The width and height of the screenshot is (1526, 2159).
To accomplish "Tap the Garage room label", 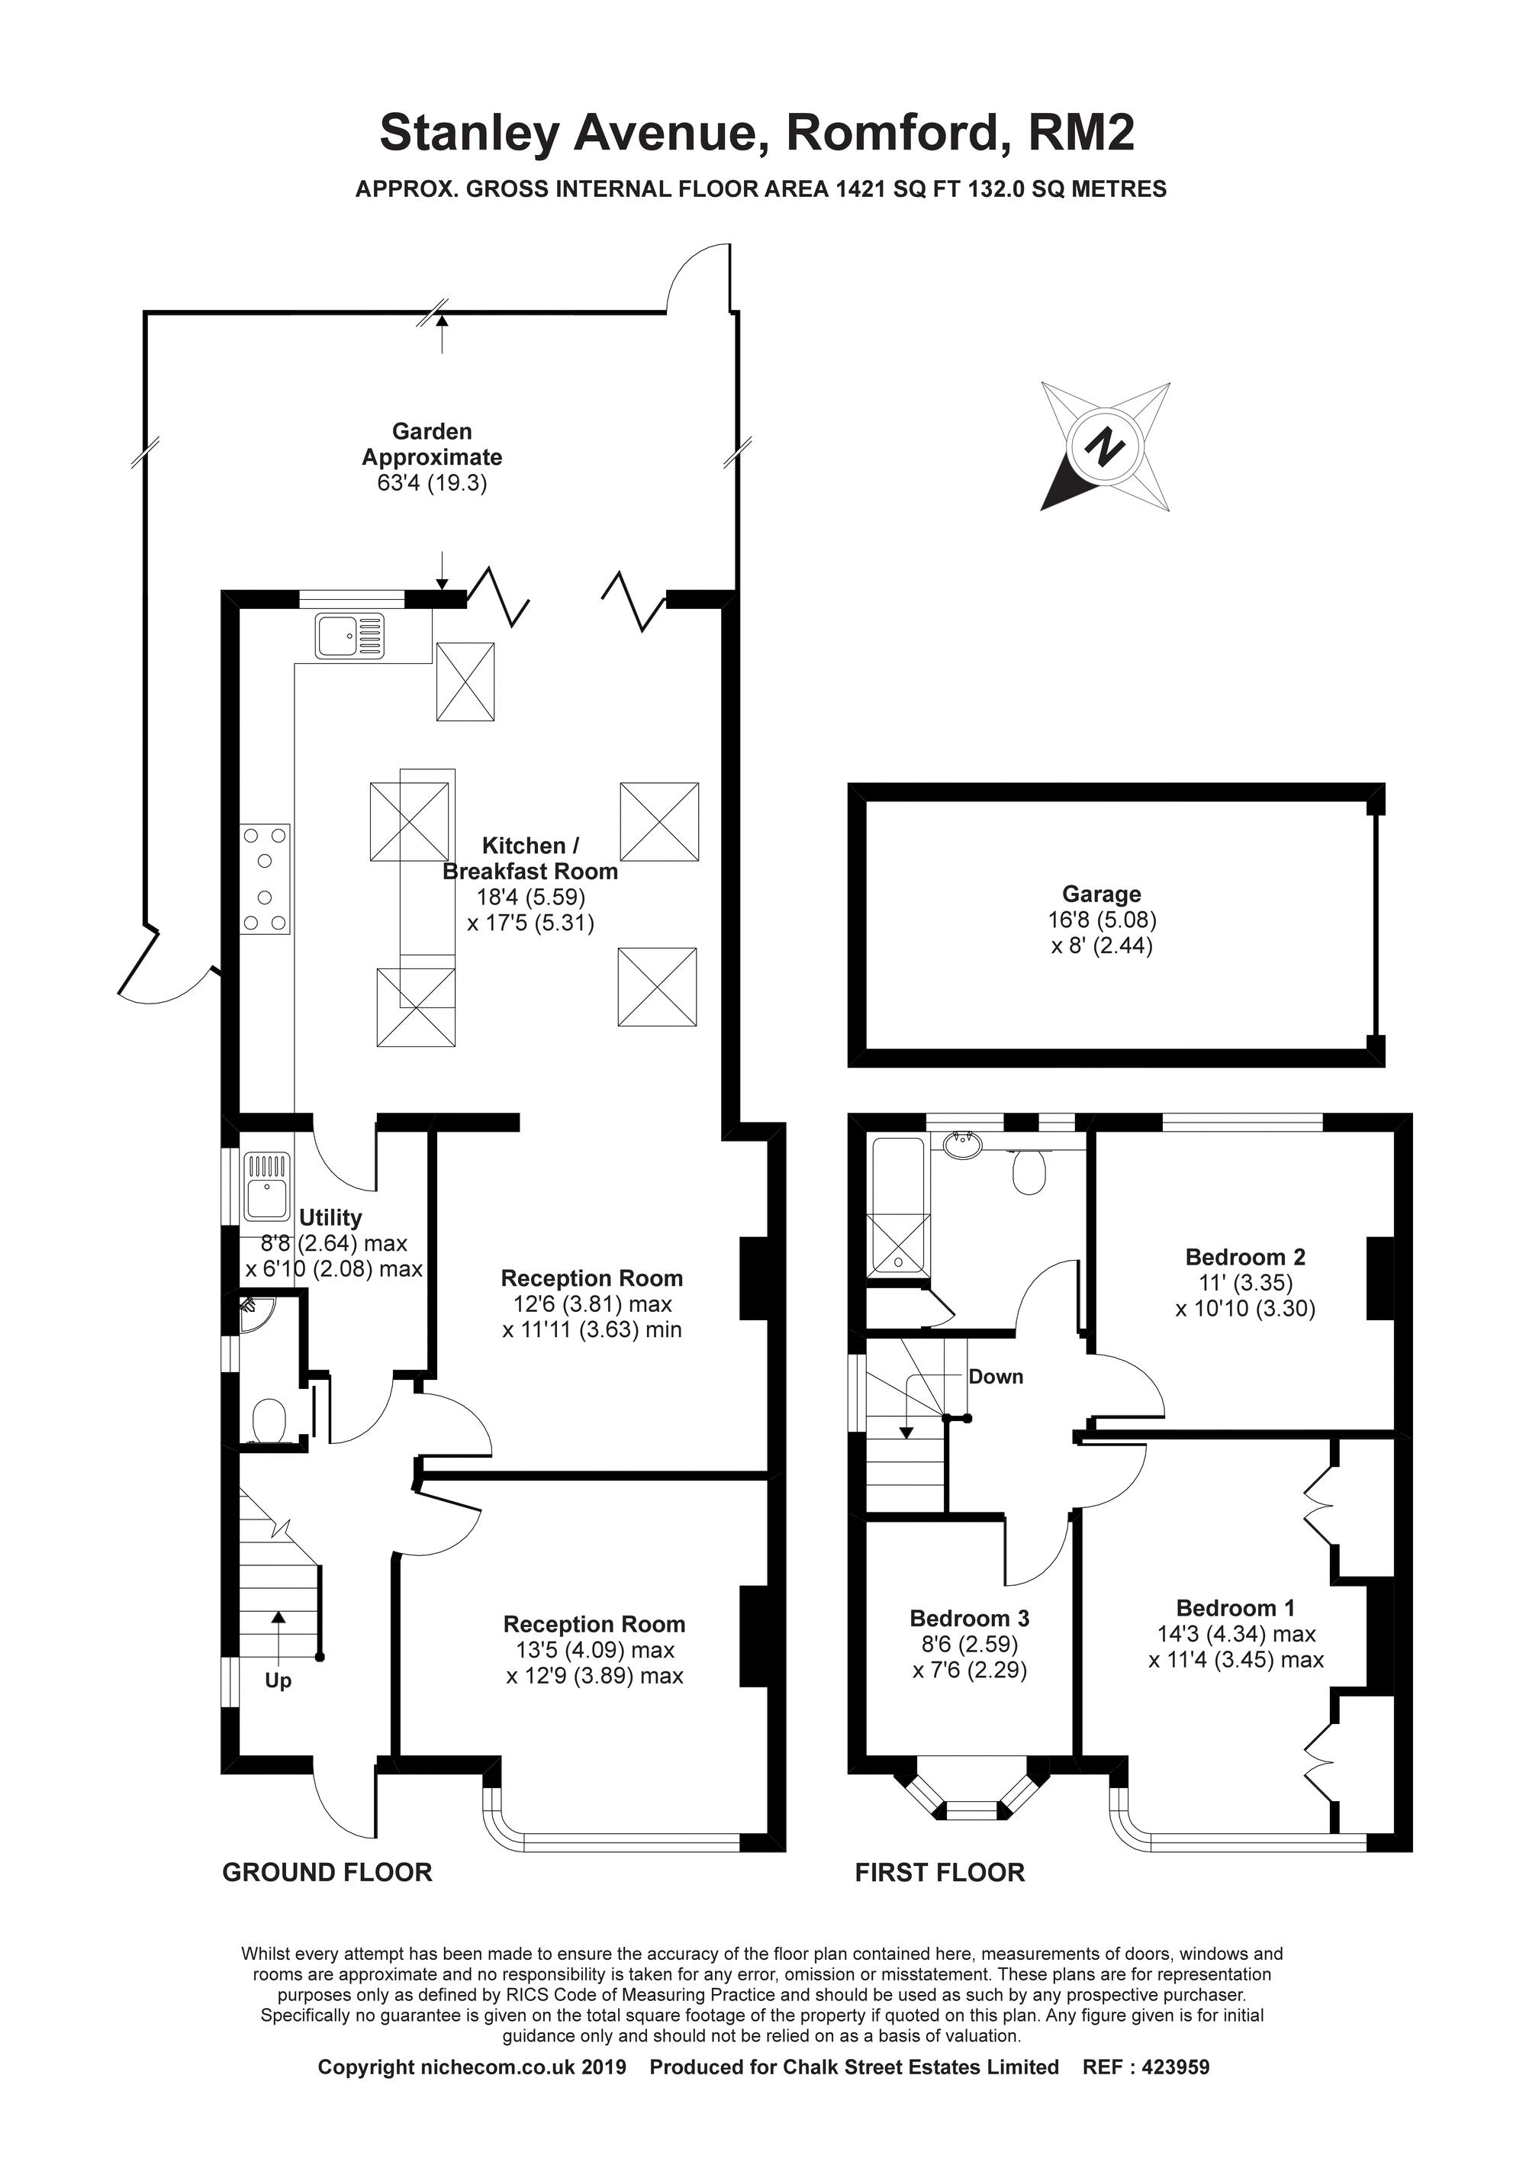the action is (1101, 894).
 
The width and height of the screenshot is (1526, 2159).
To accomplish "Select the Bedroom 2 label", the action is (1245, 1256).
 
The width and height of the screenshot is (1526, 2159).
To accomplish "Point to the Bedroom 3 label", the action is (969, 1619).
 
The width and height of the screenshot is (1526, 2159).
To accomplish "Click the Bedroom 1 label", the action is (1235, 1607).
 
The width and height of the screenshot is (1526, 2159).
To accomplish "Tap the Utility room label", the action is (330, 1218).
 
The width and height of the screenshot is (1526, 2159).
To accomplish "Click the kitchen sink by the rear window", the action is (349, 635).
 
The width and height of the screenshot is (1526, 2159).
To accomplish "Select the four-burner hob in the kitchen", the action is (266, 879).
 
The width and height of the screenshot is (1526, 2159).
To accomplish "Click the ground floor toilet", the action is (270, 1421).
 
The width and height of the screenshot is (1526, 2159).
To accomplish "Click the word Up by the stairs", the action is (278, 1680).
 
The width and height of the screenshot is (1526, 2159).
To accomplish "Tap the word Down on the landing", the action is (996, 1377).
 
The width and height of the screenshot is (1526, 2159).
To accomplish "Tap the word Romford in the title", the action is (891, 133).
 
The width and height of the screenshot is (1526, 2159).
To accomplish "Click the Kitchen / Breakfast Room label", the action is (530, 858).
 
